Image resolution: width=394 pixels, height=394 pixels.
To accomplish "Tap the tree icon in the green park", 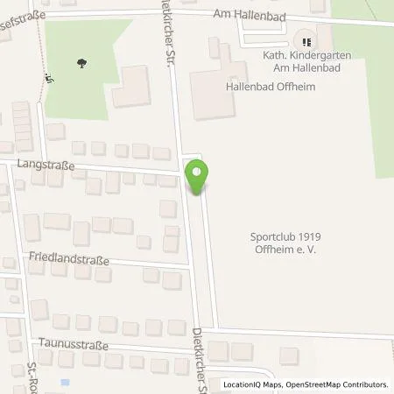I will click(81, 63).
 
